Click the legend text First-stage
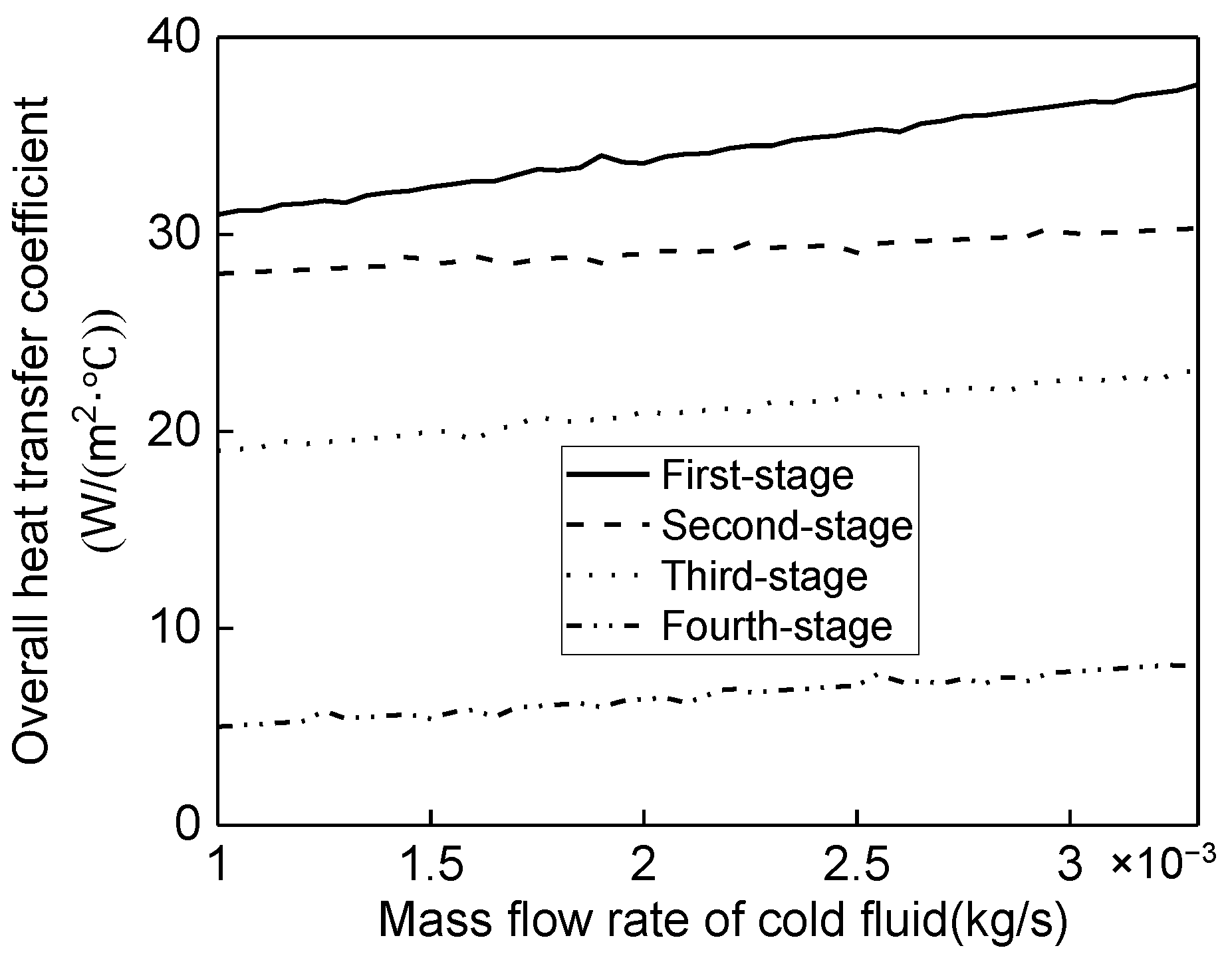coord(757,476)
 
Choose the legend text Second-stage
coord(787,526)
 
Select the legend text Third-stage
coord(765,575)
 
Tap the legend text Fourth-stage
coord(776,626)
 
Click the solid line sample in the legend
coord(608,474)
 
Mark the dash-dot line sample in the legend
coord(608,625)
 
